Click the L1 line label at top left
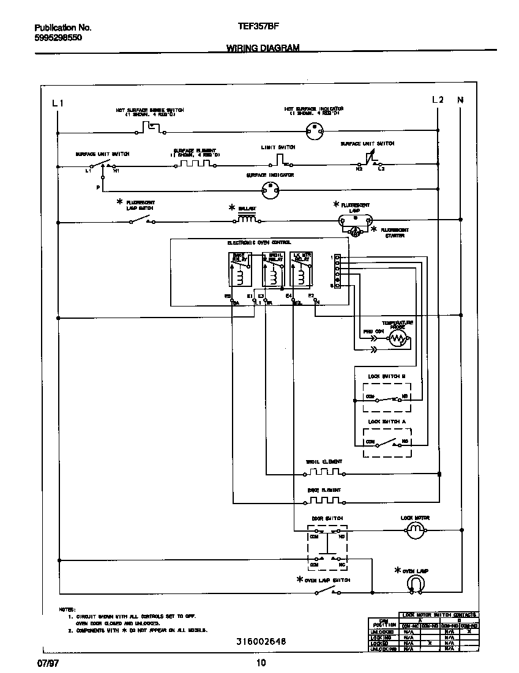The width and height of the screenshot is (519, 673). coord(58,103)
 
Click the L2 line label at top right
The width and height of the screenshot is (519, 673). coord(437,100)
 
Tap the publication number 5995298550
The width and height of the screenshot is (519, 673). coord(58,37)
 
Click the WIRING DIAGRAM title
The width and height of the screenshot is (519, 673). coord(263,48)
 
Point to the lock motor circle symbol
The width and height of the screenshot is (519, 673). coord(415,532)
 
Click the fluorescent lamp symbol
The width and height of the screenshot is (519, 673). coord(355,221)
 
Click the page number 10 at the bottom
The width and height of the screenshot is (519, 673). coord(261,663)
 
